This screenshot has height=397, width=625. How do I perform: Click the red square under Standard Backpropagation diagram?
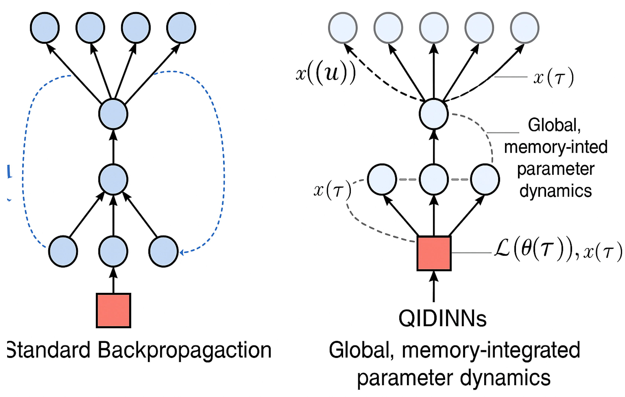pyautogui.click(x=113, y=311)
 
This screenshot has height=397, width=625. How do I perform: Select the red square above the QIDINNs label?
pyautogui.click(x=434, y=253)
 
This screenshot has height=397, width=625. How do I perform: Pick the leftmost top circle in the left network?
pyautogui.click(x=45, y=28)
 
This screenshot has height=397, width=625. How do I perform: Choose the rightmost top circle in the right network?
pyautogui.click(x=525, y=28)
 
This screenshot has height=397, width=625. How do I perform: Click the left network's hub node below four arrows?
pyautogui.click(x=113, y=114)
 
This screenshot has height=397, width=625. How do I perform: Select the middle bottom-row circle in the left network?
pyautogui.click(x=113, y=251)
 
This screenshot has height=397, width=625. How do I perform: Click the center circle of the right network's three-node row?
pyautogui.click(x=434, y=179)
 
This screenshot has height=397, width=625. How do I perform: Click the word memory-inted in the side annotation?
pyautogui.click(x=556, y=147)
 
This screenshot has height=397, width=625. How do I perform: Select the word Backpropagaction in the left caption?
pyautogui.click(x=184, y=350)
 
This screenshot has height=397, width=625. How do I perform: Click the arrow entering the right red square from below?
pyautogui.click(x=434, y=287)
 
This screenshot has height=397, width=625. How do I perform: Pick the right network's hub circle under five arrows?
pyautogui.click(x=434, y=114)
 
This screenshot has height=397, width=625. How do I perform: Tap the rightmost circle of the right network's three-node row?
pyautogui.click(x=485, y=179)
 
